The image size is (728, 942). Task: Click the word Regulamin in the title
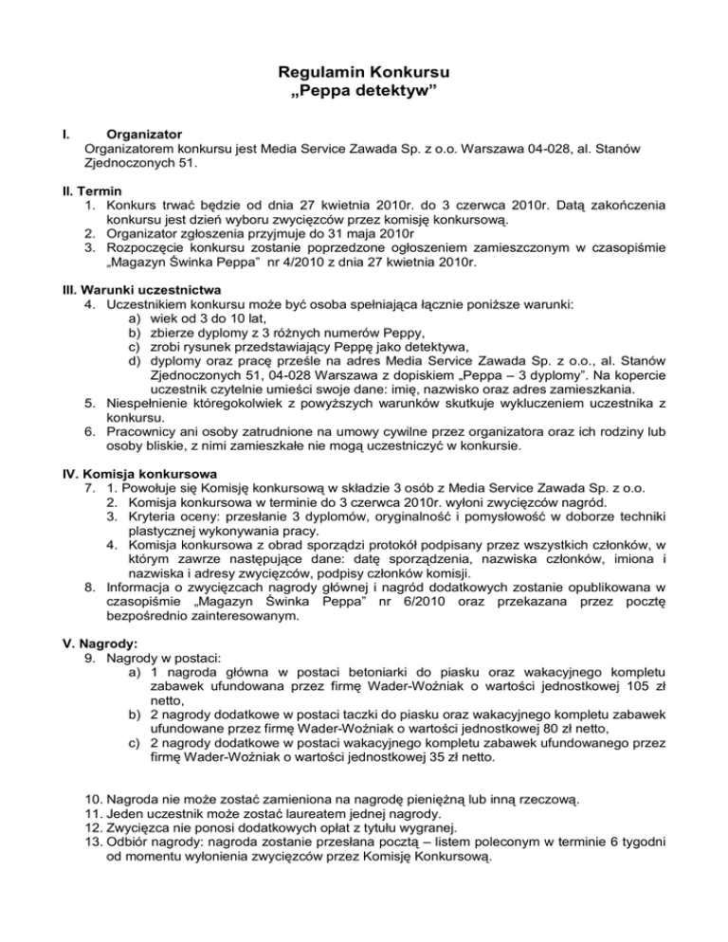(306, 71)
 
